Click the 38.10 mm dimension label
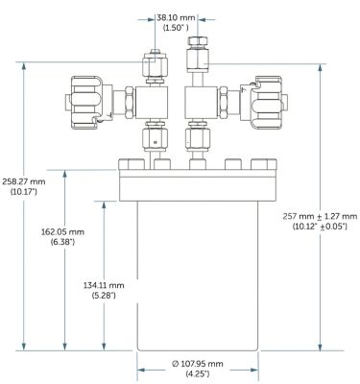176,17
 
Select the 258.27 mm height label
24,181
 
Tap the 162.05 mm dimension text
62,231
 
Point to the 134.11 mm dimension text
104,285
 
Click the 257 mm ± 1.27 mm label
320,216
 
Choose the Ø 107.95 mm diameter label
198,364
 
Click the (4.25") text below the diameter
198,373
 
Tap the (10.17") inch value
24,192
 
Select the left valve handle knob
84,103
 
